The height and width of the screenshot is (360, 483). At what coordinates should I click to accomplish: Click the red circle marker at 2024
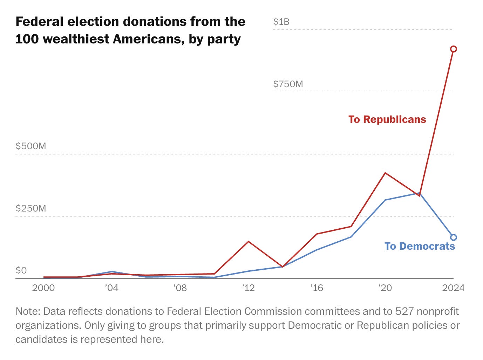point(453,49)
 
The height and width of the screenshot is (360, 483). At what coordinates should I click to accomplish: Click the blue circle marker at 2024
point(453,237)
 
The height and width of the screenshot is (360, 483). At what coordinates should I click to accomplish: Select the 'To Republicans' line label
point(387,119)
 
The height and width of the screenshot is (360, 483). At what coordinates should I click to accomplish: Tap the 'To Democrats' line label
point(420,246)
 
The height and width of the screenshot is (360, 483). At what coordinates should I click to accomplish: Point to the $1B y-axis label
point(281,22)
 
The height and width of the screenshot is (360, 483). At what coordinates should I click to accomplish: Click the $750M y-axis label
point(288,84)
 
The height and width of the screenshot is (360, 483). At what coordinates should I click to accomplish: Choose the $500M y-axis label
point(31,146)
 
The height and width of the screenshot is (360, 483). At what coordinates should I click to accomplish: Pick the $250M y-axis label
point(31,208)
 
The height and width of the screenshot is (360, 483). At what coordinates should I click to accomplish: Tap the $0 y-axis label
point(21,270)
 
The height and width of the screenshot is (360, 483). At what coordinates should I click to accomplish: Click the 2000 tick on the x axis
point(43,288)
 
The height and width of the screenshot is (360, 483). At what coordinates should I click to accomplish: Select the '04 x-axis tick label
point(111,288)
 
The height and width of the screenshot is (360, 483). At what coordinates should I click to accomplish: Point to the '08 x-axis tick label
point(180,288)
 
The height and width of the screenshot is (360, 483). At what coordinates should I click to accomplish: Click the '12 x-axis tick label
point(248,288)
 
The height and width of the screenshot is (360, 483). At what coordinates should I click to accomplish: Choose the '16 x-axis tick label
point(317,288)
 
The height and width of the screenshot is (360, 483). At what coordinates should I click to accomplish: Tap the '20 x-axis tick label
point(385,288)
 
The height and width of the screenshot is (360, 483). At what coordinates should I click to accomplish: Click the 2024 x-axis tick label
point(453,288)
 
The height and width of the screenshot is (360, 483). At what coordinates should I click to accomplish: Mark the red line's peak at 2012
point(248,242)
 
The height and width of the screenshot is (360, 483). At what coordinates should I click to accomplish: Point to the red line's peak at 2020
point(385,173)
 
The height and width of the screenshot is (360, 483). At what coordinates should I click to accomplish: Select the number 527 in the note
point(405,311)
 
